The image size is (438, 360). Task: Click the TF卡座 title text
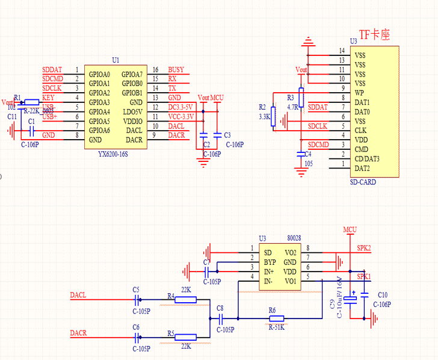(x=374, y=36)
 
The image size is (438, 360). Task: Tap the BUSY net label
(x=176, y=70)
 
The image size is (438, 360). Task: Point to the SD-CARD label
(x=363, y=182)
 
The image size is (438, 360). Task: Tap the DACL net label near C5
(x=78, y=295)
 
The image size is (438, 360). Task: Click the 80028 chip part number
(x=294, y=238)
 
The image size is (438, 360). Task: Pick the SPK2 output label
(x=364, y=247)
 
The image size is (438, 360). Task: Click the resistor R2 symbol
(x=272, y=116)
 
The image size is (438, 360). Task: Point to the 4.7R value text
(x=292, y=107)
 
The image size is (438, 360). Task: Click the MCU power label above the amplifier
(x=350, y=229)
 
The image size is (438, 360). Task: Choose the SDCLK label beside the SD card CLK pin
(x=318, y=126)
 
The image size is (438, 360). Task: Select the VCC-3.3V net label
(x=180, y=116)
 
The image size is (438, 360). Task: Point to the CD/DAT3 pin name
(x=368, y=158)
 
